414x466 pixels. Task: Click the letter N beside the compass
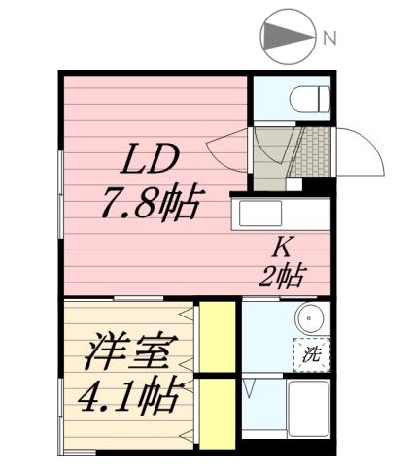[x=329, y=39]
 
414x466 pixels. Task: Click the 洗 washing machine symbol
[x=313, y=354]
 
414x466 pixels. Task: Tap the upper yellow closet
[x=219, y=336]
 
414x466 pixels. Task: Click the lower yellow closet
[x=219, y=413]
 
